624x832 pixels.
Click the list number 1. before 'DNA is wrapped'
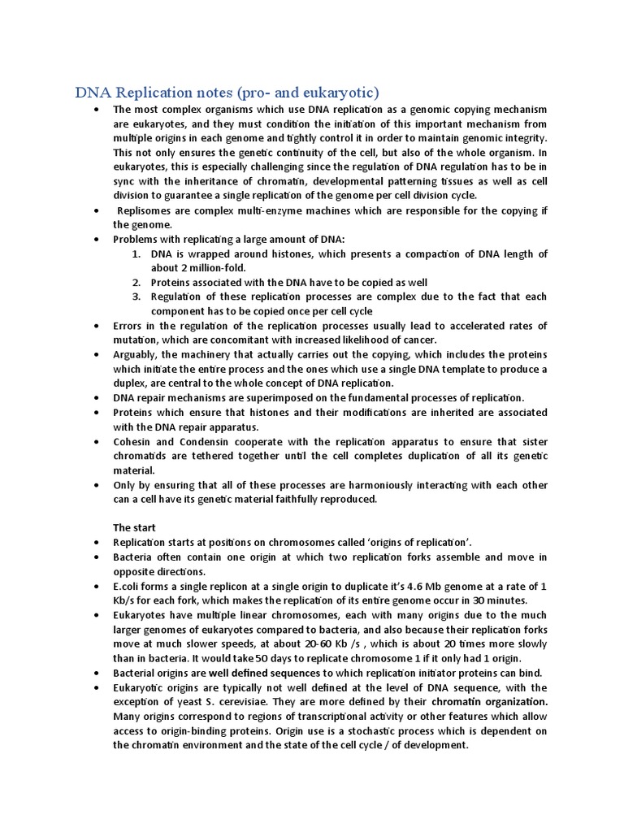(x=137, y=254)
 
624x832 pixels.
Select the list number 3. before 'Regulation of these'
(x=137, y=297)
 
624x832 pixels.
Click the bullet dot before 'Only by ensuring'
(x=97, y=486)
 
